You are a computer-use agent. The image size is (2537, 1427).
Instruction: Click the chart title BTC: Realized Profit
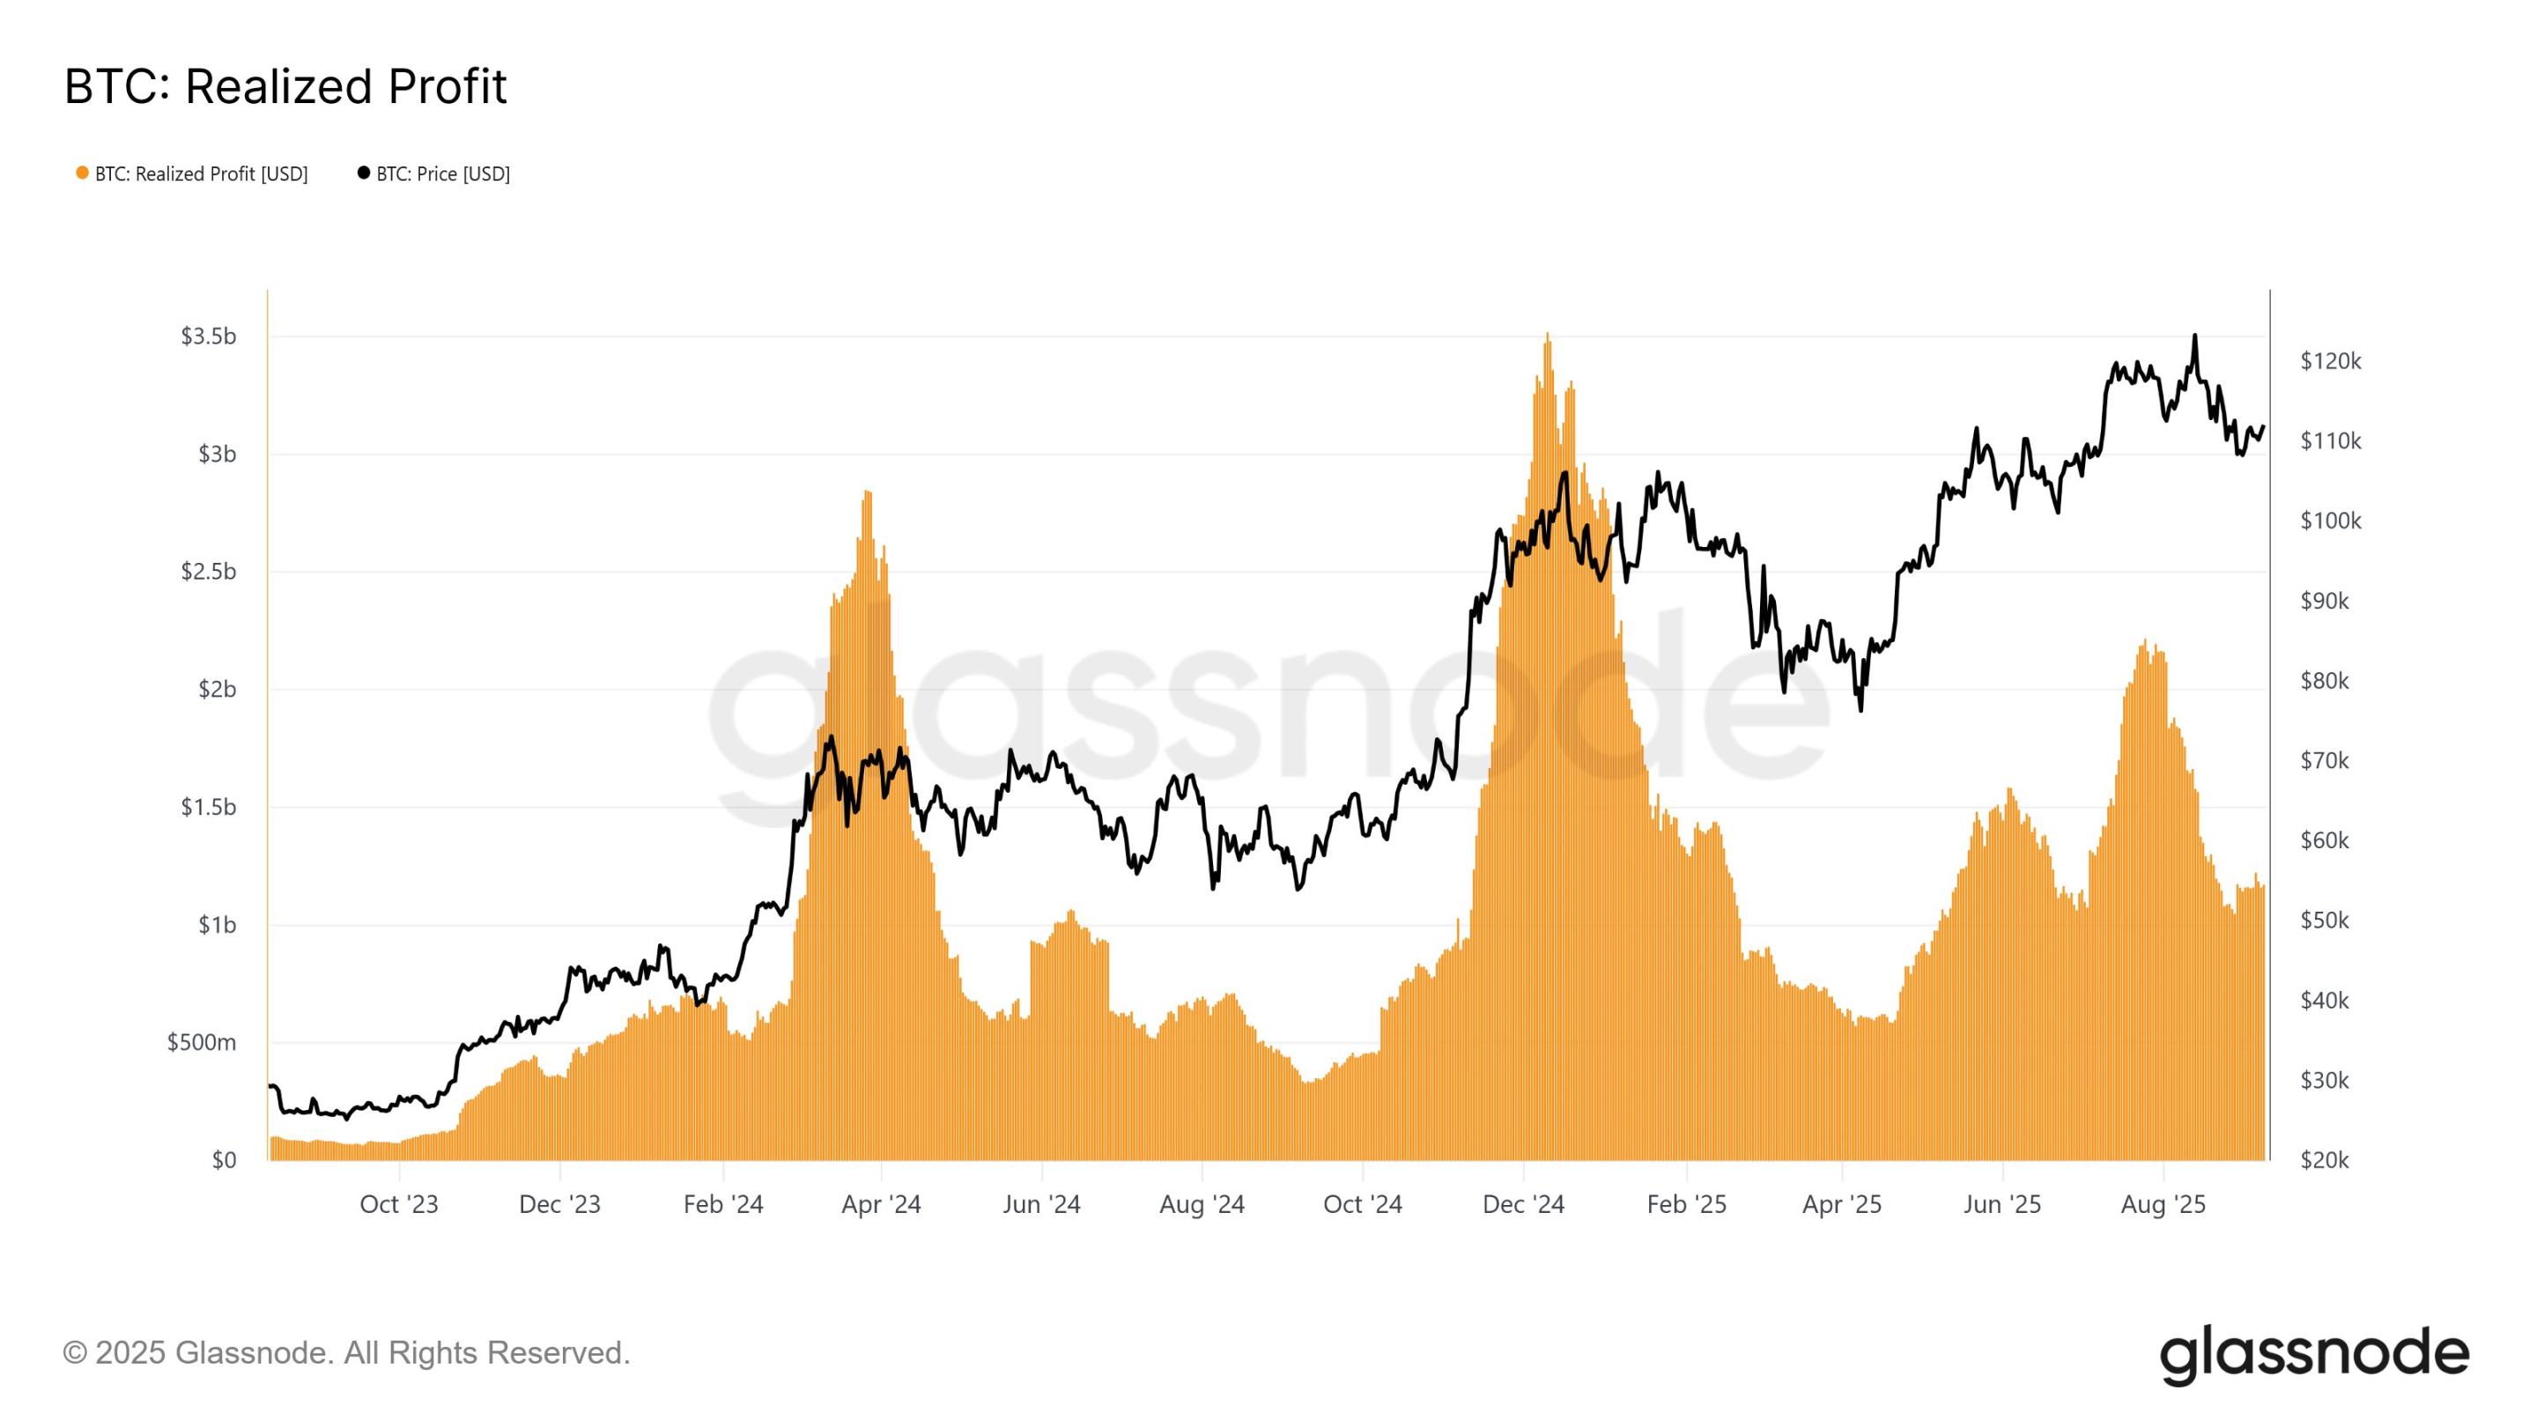point(285,86)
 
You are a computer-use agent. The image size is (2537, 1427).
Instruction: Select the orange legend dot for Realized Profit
point(83,174)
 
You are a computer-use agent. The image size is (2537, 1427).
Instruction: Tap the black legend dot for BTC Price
point(364,174)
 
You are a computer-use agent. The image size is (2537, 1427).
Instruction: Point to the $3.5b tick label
point(208,336)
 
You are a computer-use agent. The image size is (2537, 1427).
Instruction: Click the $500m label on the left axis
point(201,1042)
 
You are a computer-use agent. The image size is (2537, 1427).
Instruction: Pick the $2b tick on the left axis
point(217,690)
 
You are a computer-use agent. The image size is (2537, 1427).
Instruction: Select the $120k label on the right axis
point(2330,361)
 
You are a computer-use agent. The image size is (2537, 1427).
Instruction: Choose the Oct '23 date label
point(399,1204)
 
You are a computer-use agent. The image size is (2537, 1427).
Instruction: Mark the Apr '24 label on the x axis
point(881,1204)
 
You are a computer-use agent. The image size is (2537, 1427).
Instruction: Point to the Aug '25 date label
point(2163,1204)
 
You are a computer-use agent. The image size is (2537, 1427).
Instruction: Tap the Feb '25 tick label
point(1686,1204)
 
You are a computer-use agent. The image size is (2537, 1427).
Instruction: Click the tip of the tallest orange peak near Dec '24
point(1547,335)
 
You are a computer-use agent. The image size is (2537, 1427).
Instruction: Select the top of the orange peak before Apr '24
point(867,492)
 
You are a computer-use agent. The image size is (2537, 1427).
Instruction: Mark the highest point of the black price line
point(2194,336)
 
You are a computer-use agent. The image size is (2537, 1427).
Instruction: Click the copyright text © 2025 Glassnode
point(345,1353)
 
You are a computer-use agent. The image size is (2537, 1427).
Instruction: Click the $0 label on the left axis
point(224,1160)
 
